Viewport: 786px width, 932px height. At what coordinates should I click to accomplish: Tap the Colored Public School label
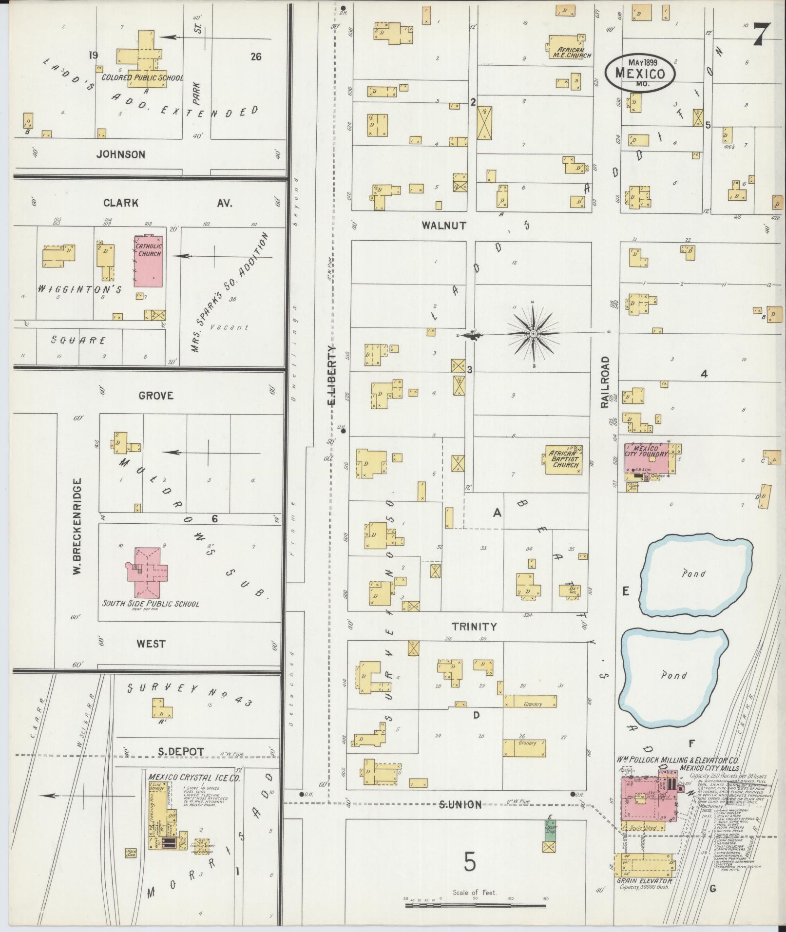142,78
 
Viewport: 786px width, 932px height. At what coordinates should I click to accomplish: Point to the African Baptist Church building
564,459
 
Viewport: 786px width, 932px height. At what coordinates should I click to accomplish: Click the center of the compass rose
534,333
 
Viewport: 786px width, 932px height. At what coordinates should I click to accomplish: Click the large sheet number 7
760,35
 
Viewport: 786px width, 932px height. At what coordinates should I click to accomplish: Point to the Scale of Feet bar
475,905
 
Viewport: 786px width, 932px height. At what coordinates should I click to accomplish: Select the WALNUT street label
444,226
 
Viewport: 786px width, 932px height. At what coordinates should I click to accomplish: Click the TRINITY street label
474,627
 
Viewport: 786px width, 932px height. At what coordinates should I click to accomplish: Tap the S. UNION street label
460,804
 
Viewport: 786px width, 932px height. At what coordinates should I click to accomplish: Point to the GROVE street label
156,396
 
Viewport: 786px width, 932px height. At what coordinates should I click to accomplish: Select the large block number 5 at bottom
469,863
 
